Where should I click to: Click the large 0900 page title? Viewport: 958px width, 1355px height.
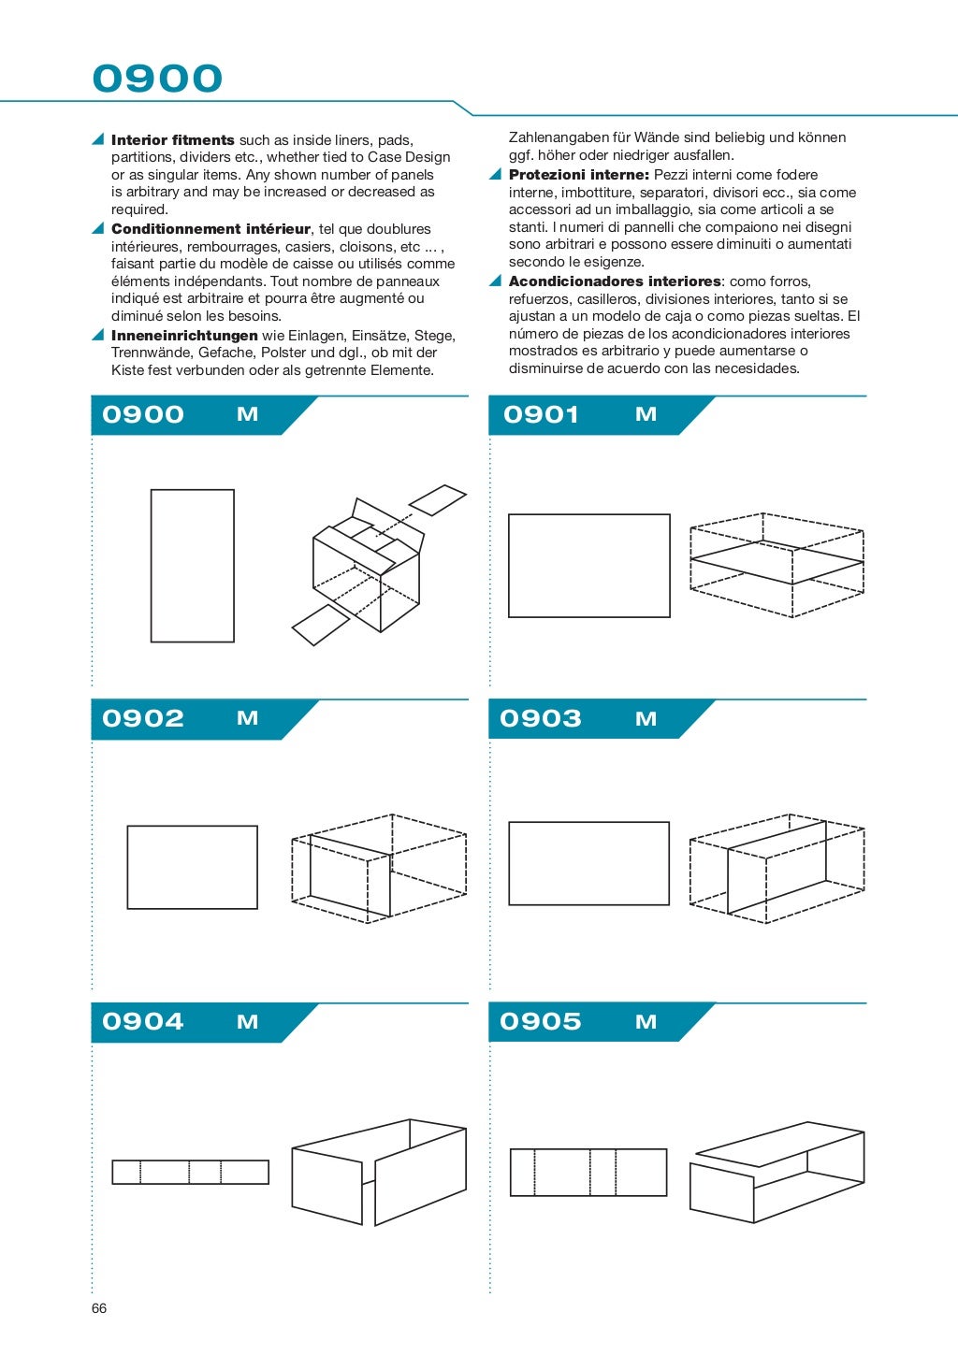(x=157, y=79)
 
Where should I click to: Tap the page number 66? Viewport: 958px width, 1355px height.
(x=99, y=1308)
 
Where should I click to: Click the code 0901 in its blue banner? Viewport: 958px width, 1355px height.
(x=541, y=414)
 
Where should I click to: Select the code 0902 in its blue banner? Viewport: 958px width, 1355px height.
(x=143, y=718)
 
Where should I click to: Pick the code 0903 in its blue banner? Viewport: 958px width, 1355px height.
(x=541, y=718)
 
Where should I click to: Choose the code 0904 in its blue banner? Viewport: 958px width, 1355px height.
(x=143, y=1021)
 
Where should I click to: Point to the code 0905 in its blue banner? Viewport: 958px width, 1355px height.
(x=541, y=1021)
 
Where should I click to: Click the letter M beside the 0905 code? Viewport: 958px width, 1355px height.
(x=646, y=1022)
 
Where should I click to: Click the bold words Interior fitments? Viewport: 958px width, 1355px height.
(x=173, y=140)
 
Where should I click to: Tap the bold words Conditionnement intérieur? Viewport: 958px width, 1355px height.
(x=210, y=229)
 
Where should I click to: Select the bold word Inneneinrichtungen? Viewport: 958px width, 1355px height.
(x=184, y=336)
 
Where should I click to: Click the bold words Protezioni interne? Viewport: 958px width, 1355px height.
(x=578, y=175)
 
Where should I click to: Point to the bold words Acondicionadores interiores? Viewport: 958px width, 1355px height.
(x=615, y=281)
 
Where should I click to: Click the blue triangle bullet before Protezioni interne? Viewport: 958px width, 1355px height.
(x=496, y=175)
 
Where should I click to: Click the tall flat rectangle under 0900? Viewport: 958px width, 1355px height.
(x=192, y=565)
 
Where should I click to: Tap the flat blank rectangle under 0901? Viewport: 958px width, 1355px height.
(x=588, y=565)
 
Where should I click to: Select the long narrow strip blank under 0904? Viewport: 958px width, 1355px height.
(x=190, y=1172)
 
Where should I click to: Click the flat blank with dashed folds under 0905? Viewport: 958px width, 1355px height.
(x=588, y=1172)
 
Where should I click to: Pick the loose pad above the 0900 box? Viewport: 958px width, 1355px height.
(x=437, y=499)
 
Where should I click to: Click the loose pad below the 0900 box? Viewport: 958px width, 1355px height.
(x=320, y=625)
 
